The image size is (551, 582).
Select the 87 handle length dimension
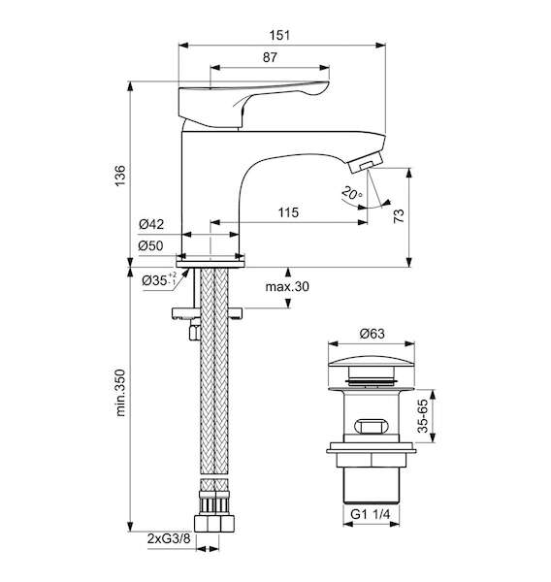pyautogui.click(x=270, y=57)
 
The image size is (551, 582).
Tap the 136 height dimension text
pyautogui.click(x=120, y=176)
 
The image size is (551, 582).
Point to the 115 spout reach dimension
pyautogui.click(x=288, y=212)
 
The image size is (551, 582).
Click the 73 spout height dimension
pyautogui.click(x=399, y=215)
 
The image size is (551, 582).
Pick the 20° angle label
pyautogui.click(x=351, y=193)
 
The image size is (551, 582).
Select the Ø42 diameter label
pyautogui.click(x=151, y=224)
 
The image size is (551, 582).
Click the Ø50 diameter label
pyautogui.click(x=150, y=245)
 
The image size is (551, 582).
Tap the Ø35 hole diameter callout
pyautogui.click(x=159, y=280)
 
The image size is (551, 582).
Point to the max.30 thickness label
pyautogui.click(x=287, y=286)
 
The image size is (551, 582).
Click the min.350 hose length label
pyautogui.click(x=120, y=393)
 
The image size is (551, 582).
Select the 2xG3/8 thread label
pyautogui.click(x=169, y=539)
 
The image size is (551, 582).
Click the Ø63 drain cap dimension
pyautogui.click(x=373, y=334)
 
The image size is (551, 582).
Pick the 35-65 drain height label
pyautogui.click(x=423, y=416)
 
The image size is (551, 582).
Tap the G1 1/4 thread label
pyautogui.click(x=371, y=514)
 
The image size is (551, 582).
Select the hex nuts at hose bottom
pyautogui.click(x=214, y=524)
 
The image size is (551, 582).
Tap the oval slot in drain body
pyautogui.click(x=372, y=426)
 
